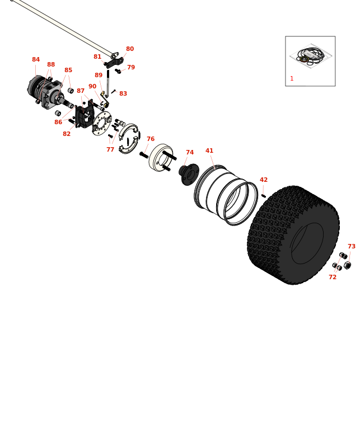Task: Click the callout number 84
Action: coord(36,60)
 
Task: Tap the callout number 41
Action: coord(209,151)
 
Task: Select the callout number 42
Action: coord(264,180)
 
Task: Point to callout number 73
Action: coord(352,247)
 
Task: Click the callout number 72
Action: coord(333,278)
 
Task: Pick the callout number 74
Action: coord(190,153)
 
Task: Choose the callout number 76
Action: coord(151,139)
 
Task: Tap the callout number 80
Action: coord(130,49)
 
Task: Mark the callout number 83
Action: coord(123,94)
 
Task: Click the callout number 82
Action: coord(67,134)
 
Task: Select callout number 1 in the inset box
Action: coord(292,79)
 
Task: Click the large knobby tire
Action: coord(293,235)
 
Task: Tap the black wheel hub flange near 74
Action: coord(190,174)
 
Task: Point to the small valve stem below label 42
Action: coord(263,196)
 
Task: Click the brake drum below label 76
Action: coord(160,158)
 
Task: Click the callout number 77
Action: coord(110,150)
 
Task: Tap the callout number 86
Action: coord(58,123)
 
